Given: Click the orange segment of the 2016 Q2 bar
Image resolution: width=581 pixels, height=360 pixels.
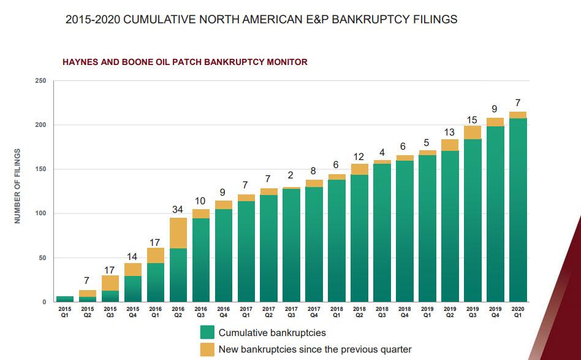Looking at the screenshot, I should point(178,233).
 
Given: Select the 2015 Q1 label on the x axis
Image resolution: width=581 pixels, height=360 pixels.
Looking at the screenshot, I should point(64,312).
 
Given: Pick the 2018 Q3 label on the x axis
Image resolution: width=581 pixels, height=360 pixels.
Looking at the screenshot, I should point(382,312).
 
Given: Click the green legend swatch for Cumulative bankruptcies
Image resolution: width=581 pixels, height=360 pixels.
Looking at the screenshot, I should point(207,332).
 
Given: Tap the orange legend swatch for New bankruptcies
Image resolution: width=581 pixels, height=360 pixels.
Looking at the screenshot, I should point(207,350).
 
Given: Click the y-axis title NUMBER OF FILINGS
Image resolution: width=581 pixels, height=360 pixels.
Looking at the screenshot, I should point(18,186).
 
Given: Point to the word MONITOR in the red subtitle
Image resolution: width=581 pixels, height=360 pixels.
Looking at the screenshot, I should point(286,62).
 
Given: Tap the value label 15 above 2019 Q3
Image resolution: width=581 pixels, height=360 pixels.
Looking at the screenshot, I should point(473,119).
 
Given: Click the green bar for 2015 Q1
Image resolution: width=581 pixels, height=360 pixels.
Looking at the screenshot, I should point(64,299).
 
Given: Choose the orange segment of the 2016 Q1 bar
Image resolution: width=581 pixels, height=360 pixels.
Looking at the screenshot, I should point(155,255).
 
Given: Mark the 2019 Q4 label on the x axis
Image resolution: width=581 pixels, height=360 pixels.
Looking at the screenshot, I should point(495,312).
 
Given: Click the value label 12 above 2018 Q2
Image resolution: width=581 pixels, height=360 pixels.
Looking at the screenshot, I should point(359,156).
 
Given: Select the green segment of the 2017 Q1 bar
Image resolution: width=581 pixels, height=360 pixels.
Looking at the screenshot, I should point(246,251).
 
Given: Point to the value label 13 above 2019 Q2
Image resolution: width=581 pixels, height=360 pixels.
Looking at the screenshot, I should point(450,132).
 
